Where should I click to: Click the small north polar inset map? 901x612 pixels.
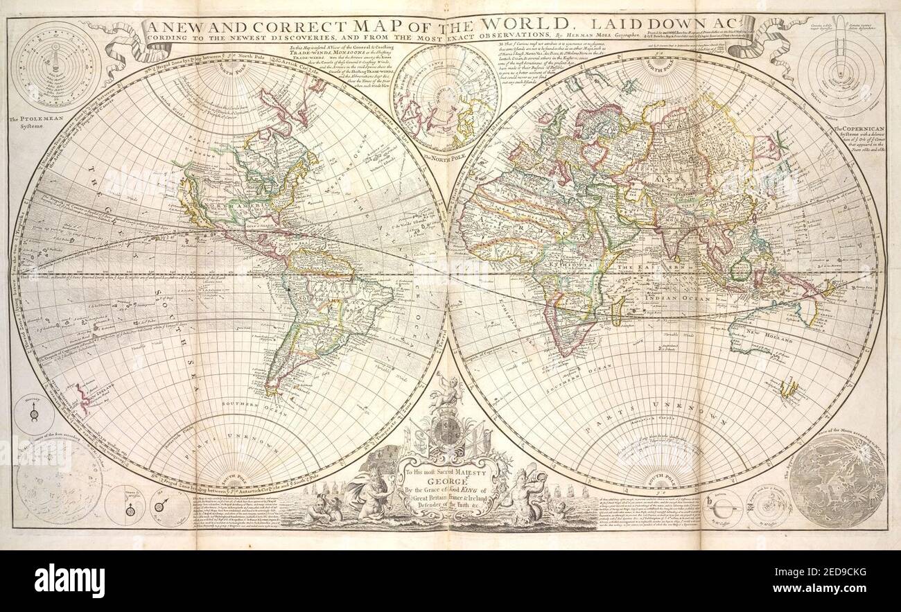coord(444,99)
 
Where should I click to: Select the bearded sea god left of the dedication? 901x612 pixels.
coord(367,495)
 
